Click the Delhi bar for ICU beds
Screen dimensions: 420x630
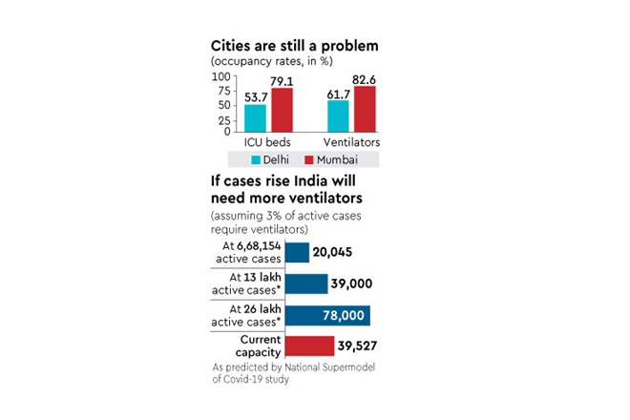click(x=255, y=117)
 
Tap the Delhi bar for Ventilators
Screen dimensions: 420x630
click(x=338, y=115)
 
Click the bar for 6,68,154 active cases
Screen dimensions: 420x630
click(x=297, y=252)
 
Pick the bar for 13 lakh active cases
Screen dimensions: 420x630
click(x=306, y=283)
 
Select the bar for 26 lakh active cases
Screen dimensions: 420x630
click(x=327, y=315)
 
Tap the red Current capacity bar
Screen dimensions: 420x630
click(x=308, y=346)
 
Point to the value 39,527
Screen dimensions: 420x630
click(x=365, y=346)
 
